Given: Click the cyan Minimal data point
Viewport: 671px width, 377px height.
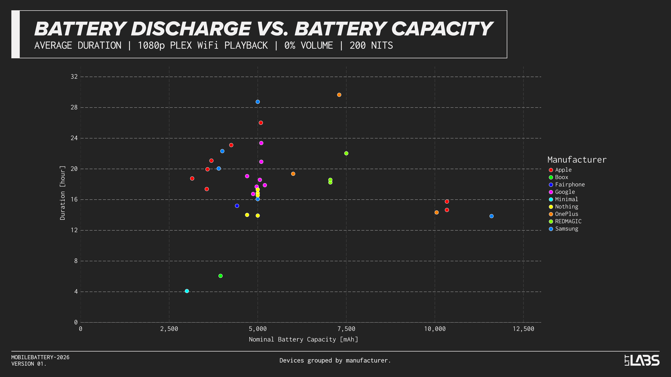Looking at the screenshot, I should [187, 291].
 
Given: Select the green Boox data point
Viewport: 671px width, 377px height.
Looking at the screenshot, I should [220, 276].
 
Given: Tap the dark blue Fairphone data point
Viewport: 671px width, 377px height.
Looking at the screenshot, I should [237, 206].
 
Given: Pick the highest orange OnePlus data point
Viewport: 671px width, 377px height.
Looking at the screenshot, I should [339, 95].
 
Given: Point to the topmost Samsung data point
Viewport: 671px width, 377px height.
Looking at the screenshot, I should [258, 102].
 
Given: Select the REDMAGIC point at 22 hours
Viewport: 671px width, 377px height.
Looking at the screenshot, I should [346, 153].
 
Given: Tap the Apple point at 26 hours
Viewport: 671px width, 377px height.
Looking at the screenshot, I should [261, 123].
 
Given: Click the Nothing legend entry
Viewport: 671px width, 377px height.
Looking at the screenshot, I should [566, 207].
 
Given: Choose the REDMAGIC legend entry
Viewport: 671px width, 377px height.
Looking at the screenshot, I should [568, 222].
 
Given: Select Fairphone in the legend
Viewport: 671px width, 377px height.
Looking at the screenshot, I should [570, 185].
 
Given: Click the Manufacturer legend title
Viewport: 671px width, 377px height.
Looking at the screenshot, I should [577, 160].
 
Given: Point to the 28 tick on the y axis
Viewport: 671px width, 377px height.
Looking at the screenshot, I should [74, 107].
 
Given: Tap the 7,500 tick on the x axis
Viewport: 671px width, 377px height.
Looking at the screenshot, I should [346, 329].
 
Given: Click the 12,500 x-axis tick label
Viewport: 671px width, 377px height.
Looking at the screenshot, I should [523, 329].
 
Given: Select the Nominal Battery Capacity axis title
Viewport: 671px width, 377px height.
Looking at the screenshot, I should [303, 339].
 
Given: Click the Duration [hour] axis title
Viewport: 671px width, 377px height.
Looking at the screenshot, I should [62, 193].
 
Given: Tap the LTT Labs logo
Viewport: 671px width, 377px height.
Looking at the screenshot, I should [642, 360].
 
